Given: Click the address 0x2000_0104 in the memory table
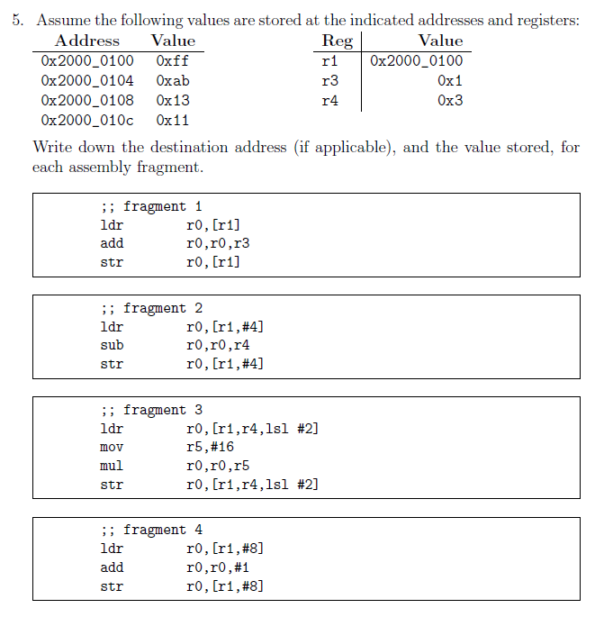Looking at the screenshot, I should coord(86,80).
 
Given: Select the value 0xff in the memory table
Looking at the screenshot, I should coord(172,60).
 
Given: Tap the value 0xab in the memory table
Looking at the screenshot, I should coord(172,80).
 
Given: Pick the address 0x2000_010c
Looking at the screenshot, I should coord(86,120).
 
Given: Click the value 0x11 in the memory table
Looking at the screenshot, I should coord(172,120).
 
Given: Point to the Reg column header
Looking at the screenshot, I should coord(337,41).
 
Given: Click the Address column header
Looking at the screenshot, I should coord(86,41).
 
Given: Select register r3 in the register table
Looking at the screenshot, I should coord(329,80).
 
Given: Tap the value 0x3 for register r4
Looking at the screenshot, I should coord(450,100).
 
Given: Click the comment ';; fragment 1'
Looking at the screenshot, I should coord(150,206).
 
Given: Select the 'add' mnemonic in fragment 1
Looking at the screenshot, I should coord(112,243).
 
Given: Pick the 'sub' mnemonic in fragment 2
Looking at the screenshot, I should coord(112,345).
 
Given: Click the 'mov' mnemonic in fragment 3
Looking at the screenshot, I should coord(112,447).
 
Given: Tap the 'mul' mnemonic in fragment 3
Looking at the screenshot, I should coord(112,466).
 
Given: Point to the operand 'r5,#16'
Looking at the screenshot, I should coord(210,447).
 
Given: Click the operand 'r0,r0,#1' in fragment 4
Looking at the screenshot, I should coord(217,567).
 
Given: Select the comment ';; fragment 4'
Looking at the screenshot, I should coord(150,530).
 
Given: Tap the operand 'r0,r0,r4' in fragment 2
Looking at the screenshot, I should coord(217,345).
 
